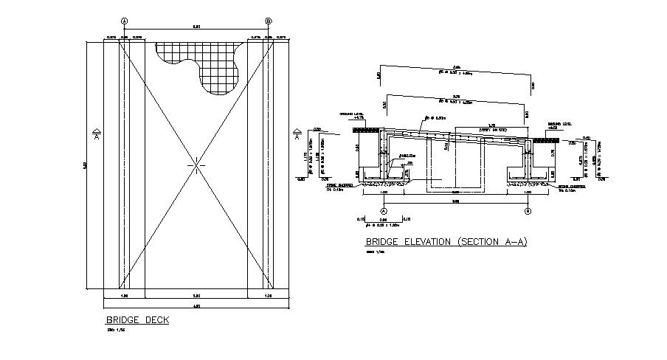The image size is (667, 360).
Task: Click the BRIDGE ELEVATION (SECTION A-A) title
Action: (446, 241)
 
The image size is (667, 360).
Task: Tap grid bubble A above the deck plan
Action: (124, 21)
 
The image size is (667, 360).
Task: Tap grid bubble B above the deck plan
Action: (268, 21)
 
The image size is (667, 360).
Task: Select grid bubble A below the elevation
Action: (384, 211)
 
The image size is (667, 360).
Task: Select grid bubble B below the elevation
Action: (528, 211)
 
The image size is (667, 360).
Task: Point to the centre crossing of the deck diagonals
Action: (196, 165)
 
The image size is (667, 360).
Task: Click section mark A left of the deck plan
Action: (97, 133)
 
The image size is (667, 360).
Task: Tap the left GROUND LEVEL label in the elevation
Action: (348, 116)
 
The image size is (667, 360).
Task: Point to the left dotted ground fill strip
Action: (366, 131)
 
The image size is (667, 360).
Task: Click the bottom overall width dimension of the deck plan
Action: (196, 305)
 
